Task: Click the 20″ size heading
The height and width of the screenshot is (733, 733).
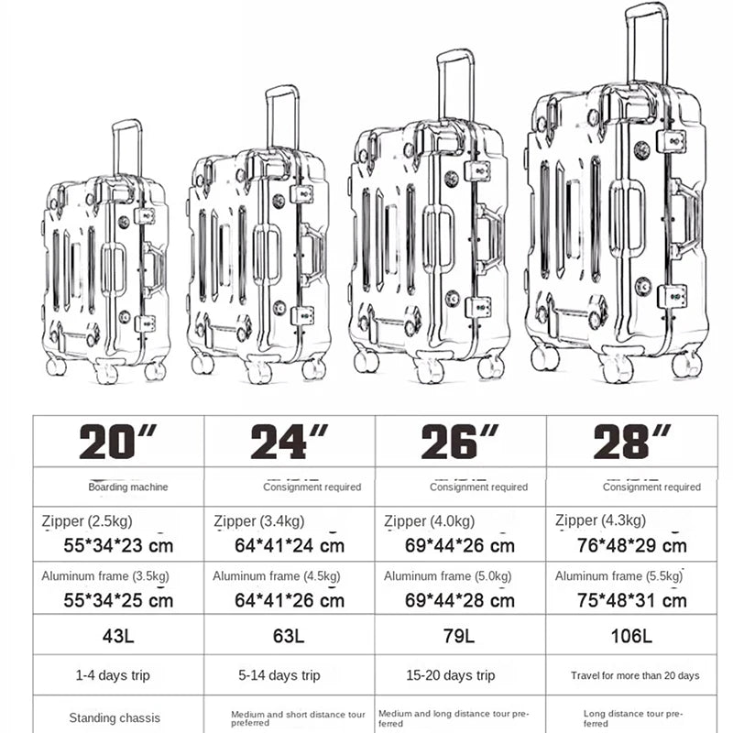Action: click(x=118, y=442)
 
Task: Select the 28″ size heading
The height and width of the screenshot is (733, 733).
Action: click(x=632, y=442)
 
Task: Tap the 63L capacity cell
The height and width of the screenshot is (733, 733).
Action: click(x=289, y=636)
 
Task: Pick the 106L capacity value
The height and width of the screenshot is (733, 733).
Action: click(x=631, y=636)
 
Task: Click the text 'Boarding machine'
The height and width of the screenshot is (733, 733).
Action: click(x=128, y=487)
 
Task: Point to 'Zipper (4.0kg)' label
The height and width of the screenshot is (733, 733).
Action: click(x=429, y=521)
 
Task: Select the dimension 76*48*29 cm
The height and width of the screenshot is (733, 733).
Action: click(x=631, y=545)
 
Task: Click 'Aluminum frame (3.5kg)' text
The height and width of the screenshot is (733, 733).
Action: click(x=105, y=576)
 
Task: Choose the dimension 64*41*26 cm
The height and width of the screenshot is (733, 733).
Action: click(x=290, y=600)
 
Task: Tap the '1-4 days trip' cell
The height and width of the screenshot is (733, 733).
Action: click(x=113, y=675)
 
